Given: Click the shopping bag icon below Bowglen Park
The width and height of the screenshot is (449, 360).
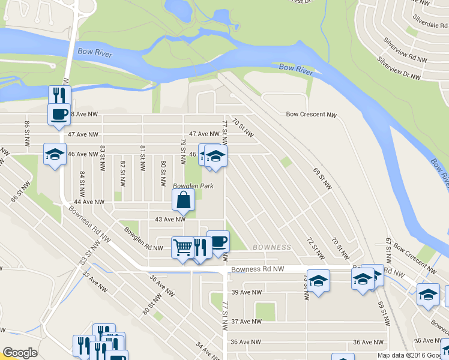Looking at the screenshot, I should (x=183, y=200).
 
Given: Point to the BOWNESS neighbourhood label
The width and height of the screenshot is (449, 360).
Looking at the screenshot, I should (x=272, y=247).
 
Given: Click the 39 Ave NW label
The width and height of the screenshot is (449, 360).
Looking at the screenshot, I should (x=247, y=292).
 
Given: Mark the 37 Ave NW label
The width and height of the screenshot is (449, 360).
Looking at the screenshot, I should (x=247, y=322).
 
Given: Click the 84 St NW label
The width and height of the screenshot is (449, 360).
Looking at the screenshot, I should (x=83, y=182).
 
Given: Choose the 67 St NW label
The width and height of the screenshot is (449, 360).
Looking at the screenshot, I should (x=389, y=248).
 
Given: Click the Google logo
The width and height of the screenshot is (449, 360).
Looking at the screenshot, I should (x=20, y=353).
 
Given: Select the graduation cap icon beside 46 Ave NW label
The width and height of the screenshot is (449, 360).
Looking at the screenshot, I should (x=55, y=154).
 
